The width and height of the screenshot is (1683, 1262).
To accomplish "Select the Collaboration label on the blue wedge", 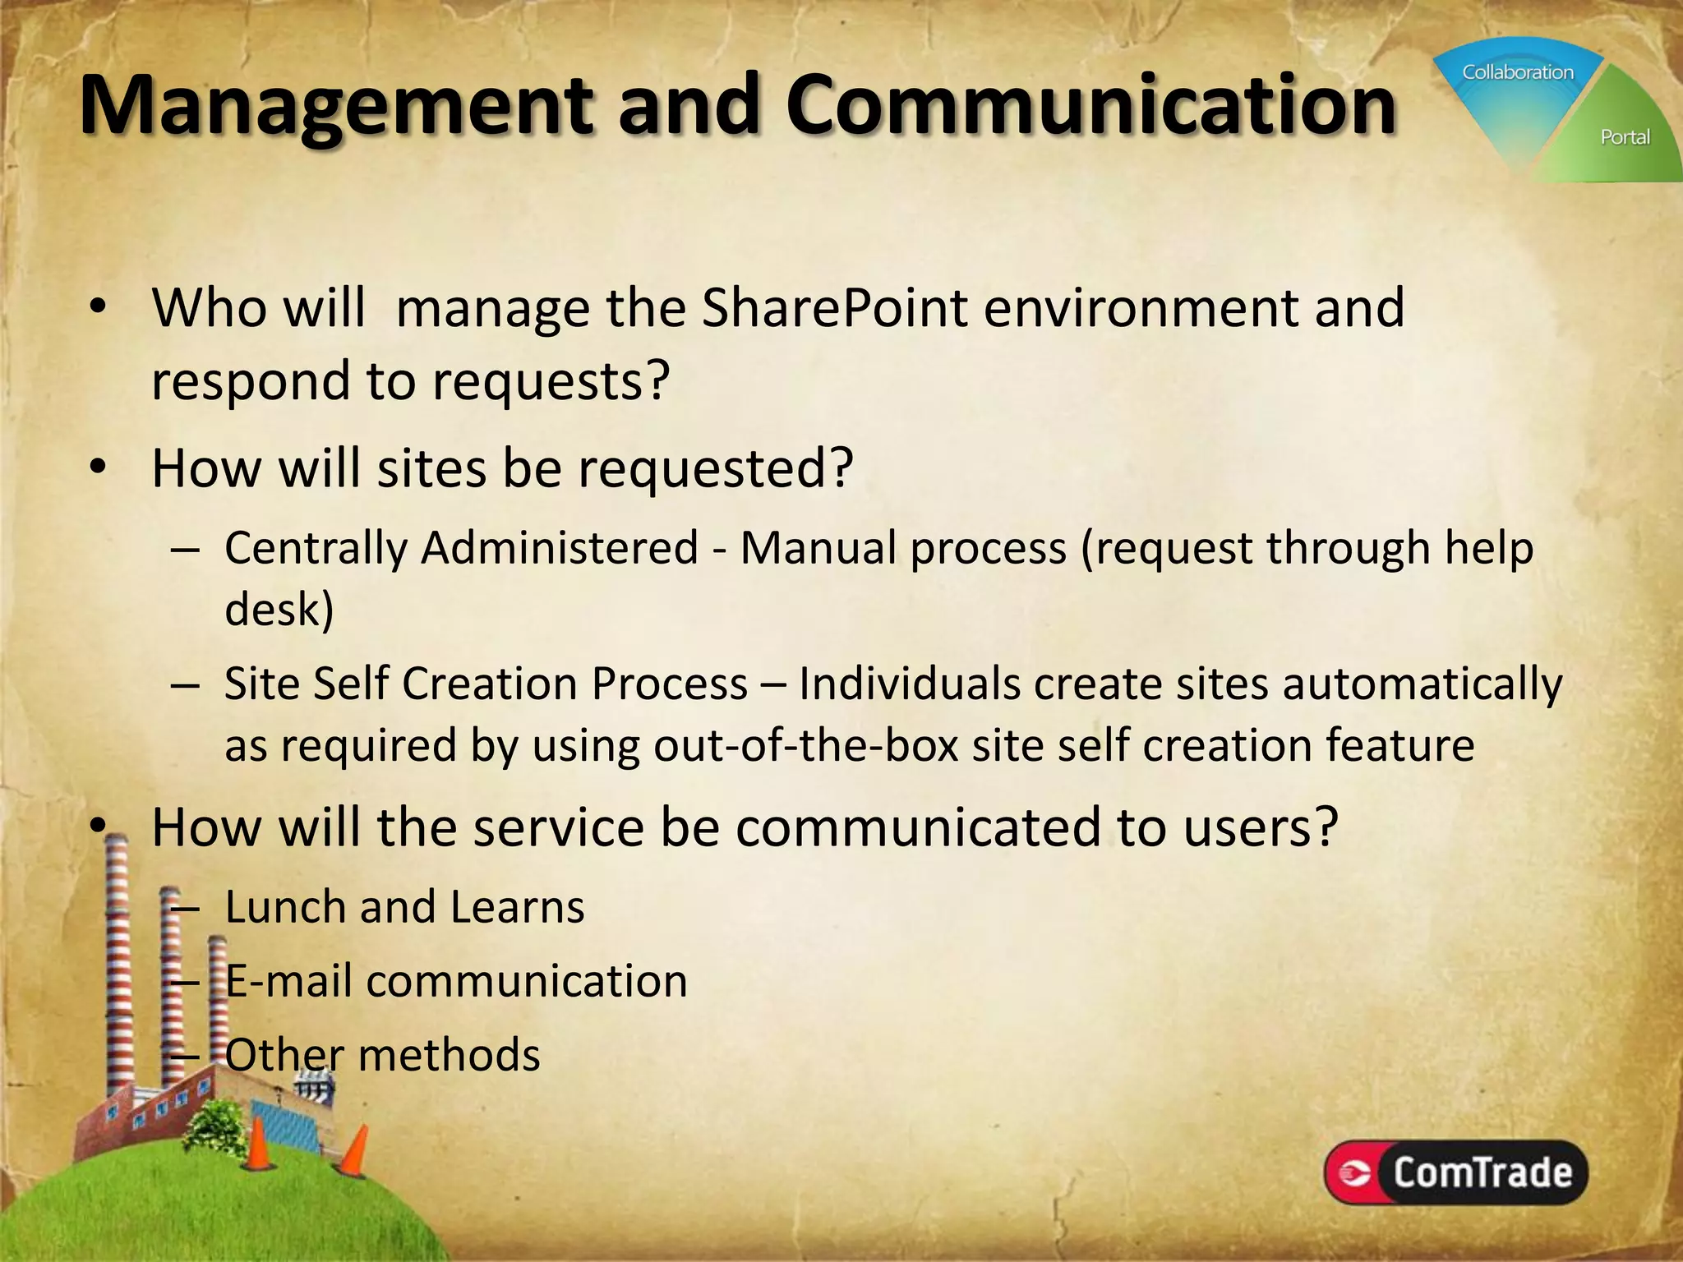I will (1517, 72).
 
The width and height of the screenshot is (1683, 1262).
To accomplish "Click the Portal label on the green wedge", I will (1625, 137).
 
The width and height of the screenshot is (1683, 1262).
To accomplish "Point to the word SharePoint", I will (835, 308).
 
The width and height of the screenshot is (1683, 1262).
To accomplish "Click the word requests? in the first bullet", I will (551, 381).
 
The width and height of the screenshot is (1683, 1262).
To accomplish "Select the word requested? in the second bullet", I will (716, 468).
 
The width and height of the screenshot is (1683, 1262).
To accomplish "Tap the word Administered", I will (560, 548).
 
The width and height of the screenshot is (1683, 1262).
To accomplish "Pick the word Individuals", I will (908, 684).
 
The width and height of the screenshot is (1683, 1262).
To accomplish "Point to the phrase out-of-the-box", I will (805, 746).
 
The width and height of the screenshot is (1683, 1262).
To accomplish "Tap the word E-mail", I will (289, 981).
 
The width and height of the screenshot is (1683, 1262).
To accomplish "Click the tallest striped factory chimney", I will (119, 961).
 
